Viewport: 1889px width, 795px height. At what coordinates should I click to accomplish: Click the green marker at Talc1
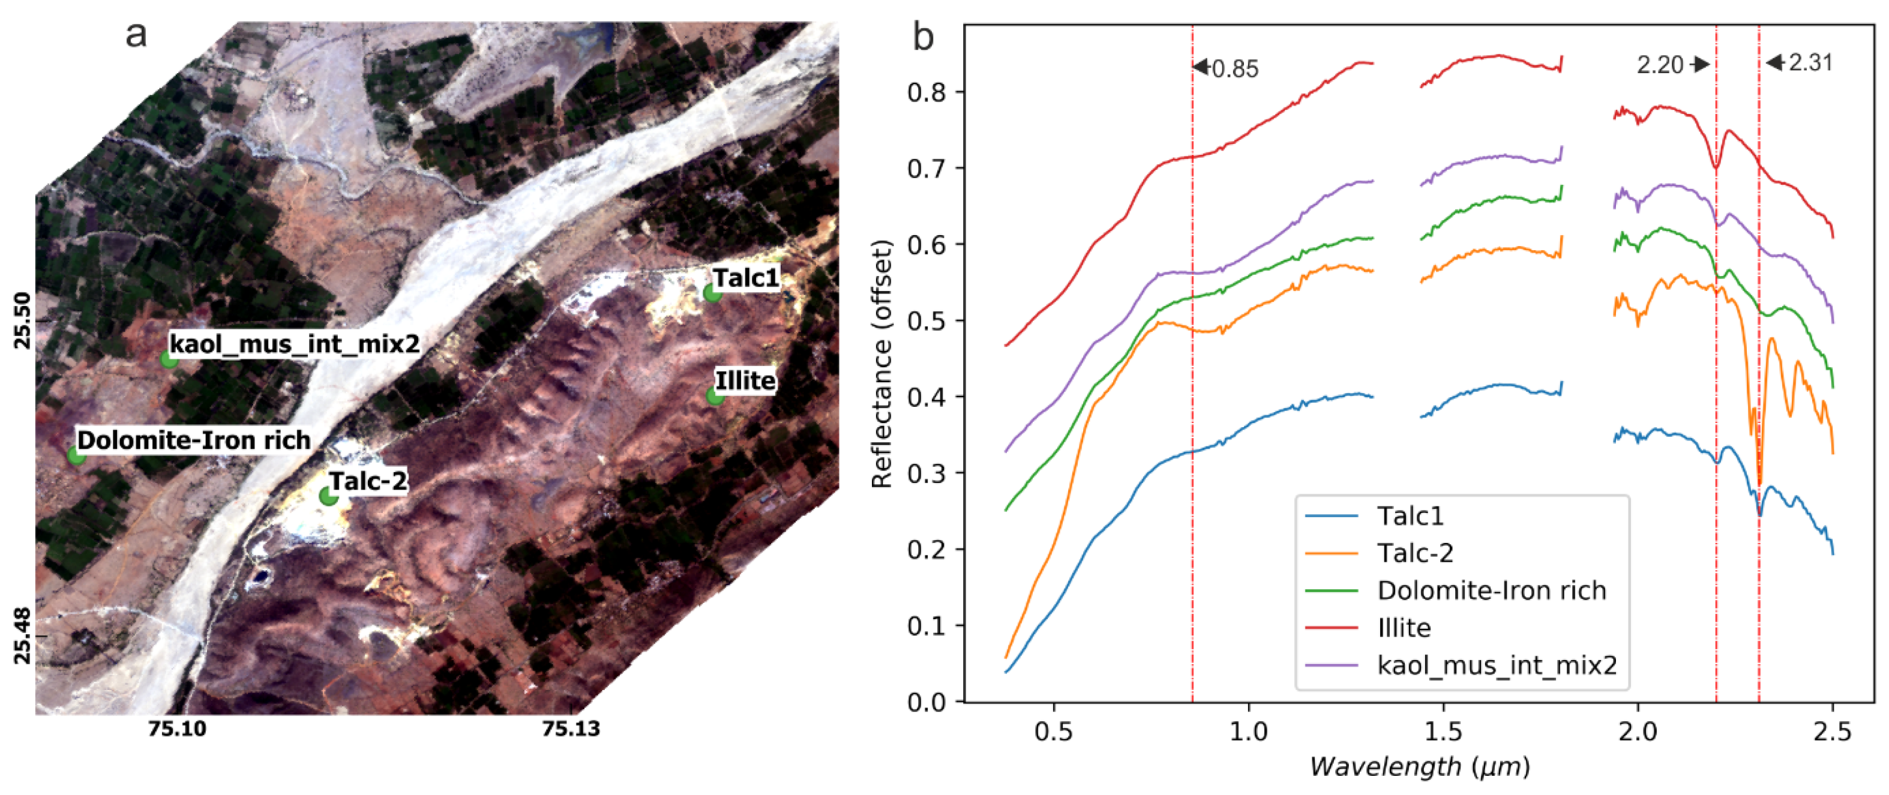coord(711,293)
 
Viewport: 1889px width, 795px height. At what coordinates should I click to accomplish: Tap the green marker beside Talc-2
coord(328,497)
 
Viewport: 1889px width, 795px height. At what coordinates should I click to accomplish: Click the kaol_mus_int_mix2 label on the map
coord(295,343)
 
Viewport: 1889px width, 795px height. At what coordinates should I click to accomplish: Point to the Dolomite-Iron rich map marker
coord(76,455)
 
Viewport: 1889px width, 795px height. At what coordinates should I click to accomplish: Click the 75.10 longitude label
coord(177,728)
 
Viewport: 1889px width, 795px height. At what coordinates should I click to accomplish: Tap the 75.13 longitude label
coord(571,728)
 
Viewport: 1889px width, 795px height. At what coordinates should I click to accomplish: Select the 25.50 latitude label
coord(23,320)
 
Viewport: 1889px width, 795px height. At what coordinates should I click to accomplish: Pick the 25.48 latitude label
coord(23,635)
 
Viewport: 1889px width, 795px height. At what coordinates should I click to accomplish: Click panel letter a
coord(136,34)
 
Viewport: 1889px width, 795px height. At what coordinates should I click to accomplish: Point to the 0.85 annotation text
coord(1235,69)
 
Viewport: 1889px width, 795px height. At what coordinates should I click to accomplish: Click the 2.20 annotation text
coord(1660,65)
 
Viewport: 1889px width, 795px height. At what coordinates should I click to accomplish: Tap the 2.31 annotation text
coord(1810,63)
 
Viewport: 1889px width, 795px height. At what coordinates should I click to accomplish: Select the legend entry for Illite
coord(1404,628)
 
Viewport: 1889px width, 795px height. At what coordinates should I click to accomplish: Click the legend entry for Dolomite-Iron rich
coord(1492,590)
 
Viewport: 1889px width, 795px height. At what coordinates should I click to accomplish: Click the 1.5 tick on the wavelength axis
coord(1443,733)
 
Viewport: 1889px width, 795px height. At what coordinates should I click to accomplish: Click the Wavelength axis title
coord(1420,767)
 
